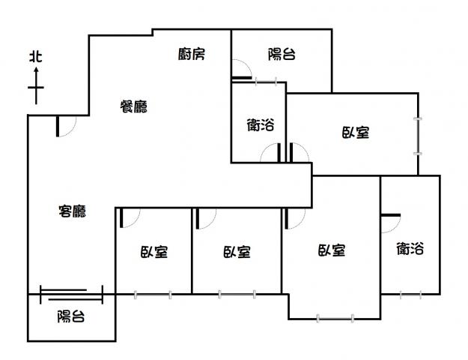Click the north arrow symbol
pos(36,85)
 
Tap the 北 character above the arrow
pos(36,57)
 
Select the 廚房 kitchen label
pos(192,54)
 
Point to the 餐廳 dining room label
pos(134,106)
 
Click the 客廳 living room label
pos(72,211)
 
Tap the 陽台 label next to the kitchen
pos(282,55)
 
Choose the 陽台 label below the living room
pos(71,316)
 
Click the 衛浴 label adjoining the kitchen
pos(261,125)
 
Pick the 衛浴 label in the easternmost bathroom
pos(410,248)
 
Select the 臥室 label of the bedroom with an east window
pos(356,133)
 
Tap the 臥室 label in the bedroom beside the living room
pos(154,252)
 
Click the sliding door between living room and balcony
pos(71,295)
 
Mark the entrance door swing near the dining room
pos(66,126)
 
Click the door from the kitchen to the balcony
pos(242,69)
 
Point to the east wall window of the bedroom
pos(418,136)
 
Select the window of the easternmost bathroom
pos(410,295)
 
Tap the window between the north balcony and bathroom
pos(267,81)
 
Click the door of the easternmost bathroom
pos(391,223)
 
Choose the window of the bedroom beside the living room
pos(153,295)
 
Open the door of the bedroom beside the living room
pos(130,218)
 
